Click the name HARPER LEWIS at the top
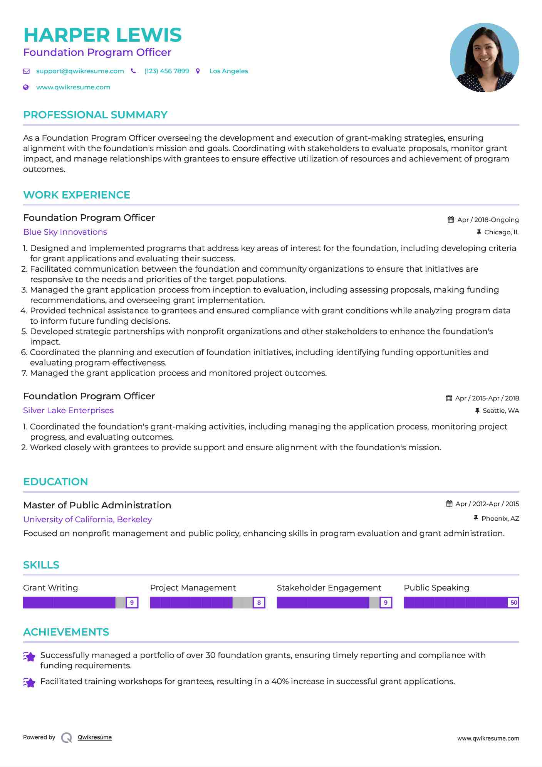[x=102, y=35]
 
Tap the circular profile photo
[x=484, y=58]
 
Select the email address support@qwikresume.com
[x=80, y=71]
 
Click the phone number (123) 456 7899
[x=166, y=71]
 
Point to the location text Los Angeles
[x=228, y=71]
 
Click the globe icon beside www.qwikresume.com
[x=26, y=87]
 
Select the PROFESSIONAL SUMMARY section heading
[x=95, y=115]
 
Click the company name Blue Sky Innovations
[x=65, y=232]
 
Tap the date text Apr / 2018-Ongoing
[x=488, y=220]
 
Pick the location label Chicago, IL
[x=501, y=232]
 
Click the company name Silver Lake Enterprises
[x=68, y=410]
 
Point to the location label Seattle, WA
[x=500, y=410]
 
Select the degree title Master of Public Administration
[x=97, y=505]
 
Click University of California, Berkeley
[x=87, y=520]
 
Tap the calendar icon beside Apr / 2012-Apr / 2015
[x=449, y=504]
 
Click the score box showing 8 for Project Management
[x=259, y=602]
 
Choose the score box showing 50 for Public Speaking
[x=513, y=602]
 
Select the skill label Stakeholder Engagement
[x=329, y=588]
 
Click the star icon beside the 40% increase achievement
[x=29, y=682]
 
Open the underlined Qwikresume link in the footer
[x=95, y=737]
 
